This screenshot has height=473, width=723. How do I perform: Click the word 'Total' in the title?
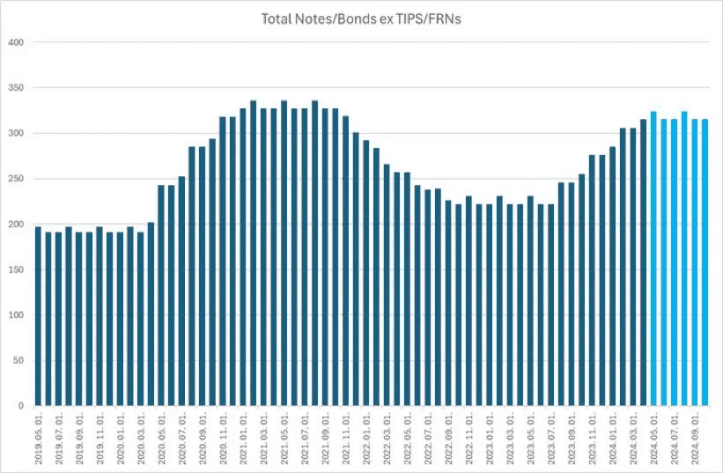click(277, 18)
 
